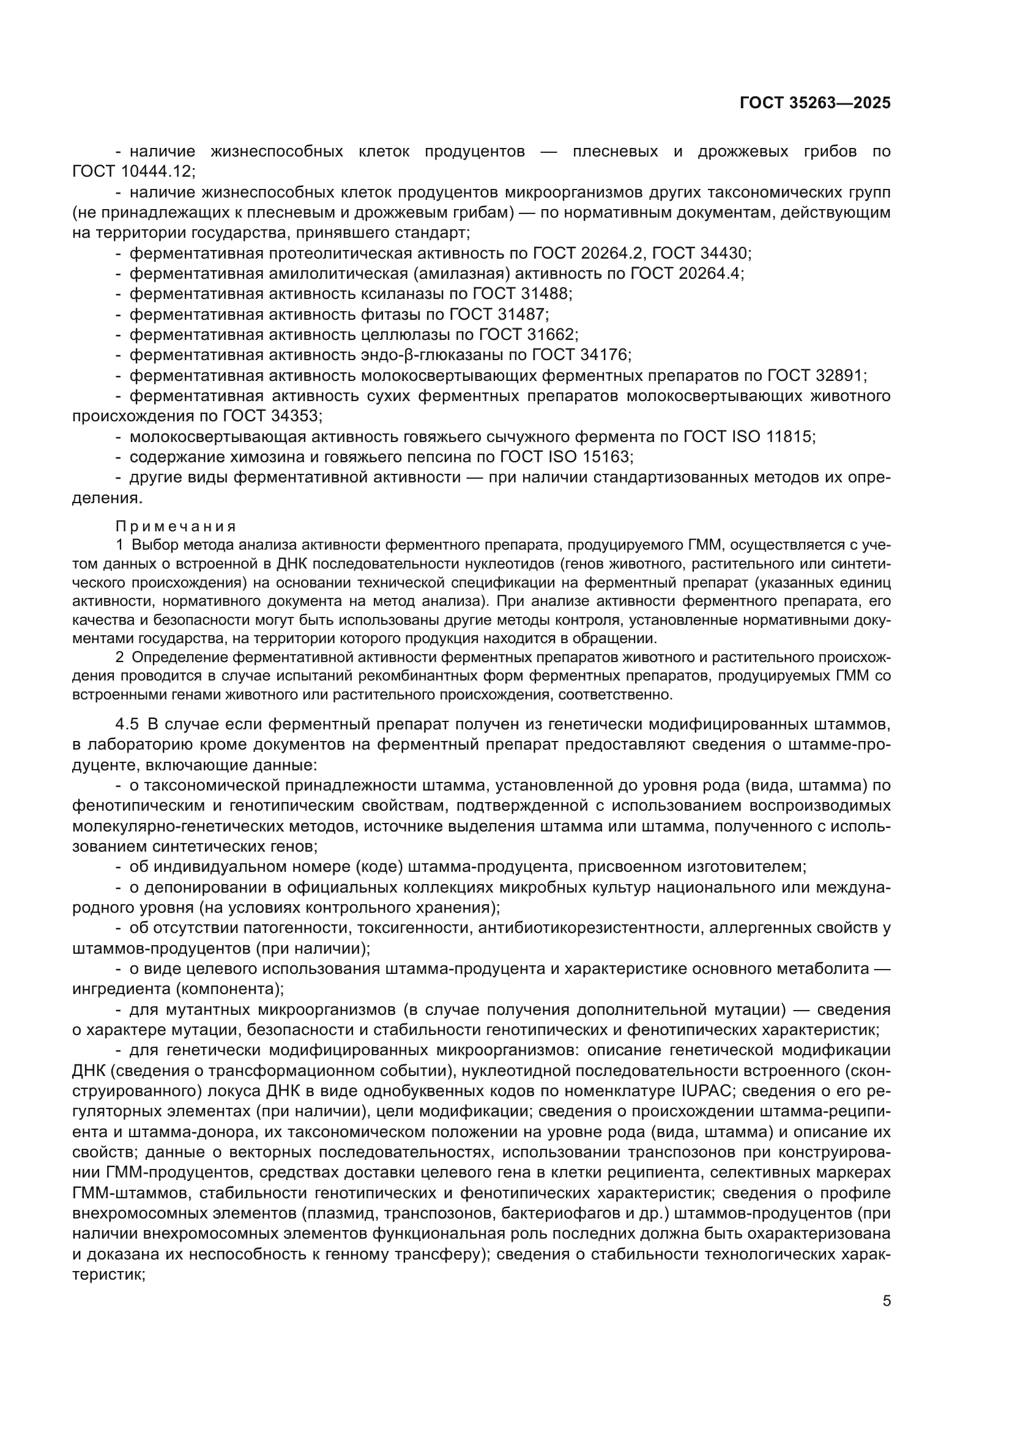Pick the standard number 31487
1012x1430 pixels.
tap(521, 314)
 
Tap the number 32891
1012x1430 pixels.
tap(839, 375)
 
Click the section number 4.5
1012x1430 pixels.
tap(127, 724)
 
